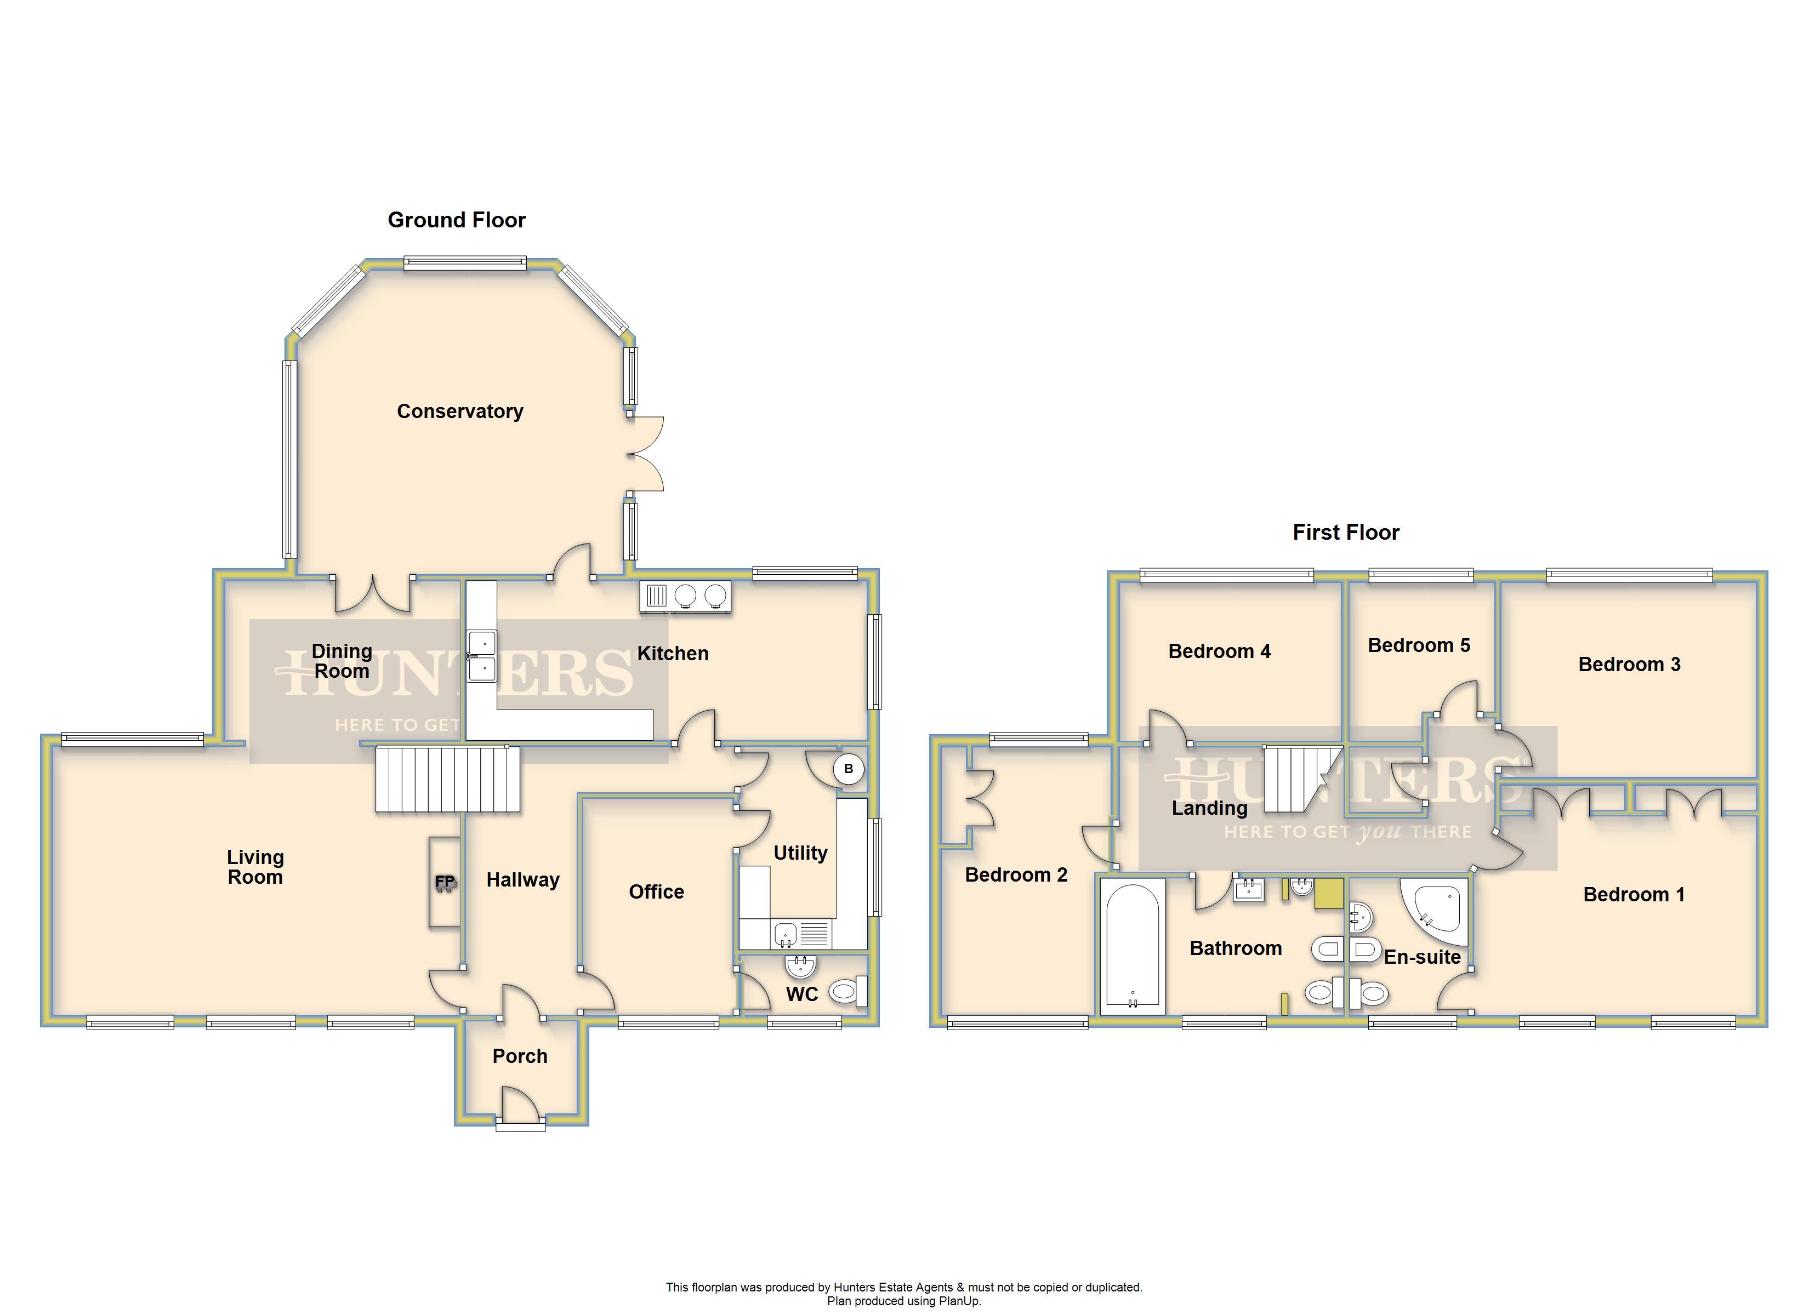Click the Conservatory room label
pos(460,411)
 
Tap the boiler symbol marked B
pos(848,769)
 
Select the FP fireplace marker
pos(445,882)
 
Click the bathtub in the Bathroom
pos(1132,947)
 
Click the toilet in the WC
pos(848,992)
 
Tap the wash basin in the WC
pos(800,967)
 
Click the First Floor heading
pos(1346,532)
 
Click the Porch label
pos(520,1056)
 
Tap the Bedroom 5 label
pos(1418,645)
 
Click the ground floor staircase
pos(447,779)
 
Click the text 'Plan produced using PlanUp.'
pos(904,1301)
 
